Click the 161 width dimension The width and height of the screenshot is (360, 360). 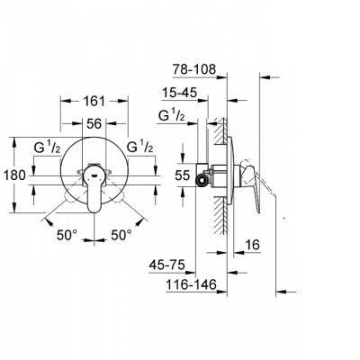click(x=94, y=101)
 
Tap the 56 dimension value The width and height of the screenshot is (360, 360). click(x=94, y=123)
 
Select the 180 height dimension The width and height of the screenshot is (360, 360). click(x=14, y=175)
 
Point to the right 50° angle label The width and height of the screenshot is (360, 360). click(x=121, y=235)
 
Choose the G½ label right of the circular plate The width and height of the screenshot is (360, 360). click(x=140, y=147)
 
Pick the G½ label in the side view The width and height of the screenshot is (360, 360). click(x=172, y=115)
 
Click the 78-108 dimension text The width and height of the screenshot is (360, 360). click(x=194, y=69)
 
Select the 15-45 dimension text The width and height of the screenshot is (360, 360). click(x=180, y=93)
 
